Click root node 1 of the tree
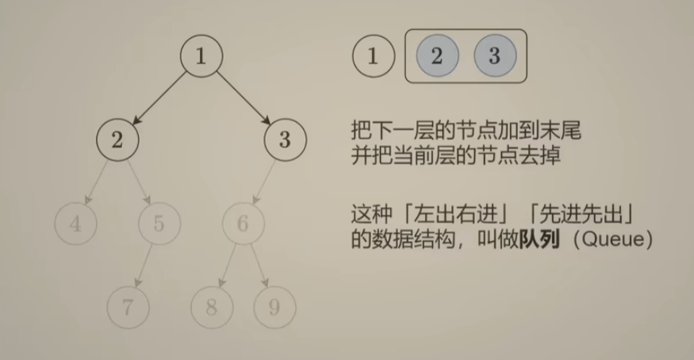(201, 57)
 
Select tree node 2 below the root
(117, 140)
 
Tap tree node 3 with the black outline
(285, 140)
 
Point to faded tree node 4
(75, 224)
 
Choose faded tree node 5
(159, 224)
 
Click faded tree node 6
(243, 224)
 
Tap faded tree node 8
(211, 308)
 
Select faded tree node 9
(274, 308)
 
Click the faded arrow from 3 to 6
(263, 182)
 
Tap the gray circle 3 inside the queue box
(495, 57)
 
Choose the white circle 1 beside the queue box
(373, 57)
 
